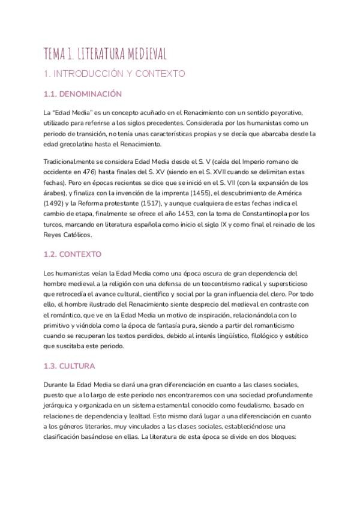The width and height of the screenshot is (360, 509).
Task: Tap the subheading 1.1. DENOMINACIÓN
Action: (83, 94)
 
